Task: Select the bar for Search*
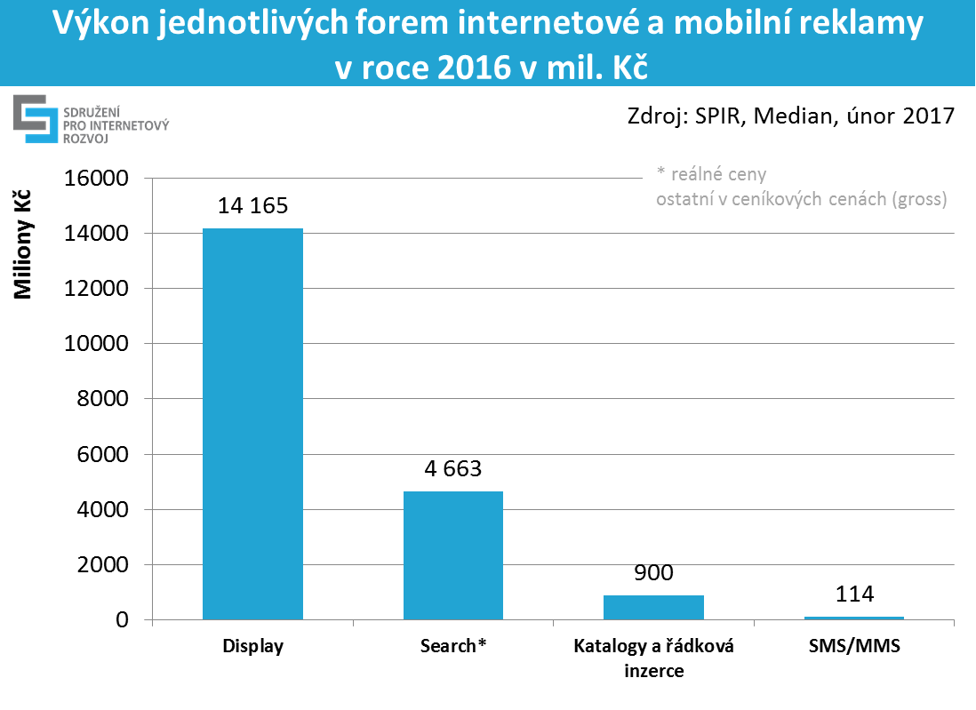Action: pos(453,554)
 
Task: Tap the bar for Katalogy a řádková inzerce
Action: pos(653,607)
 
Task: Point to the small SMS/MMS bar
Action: pos(854,618)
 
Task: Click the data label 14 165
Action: pos(252,206)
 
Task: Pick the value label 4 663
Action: pos(453,468)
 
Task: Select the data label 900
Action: pos(653,572)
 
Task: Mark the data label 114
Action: pos(854,594)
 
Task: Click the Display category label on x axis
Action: pos(252,647)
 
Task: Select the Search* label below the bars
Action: pos(453,647)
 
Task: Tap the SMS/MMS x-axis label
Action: pos(854,647)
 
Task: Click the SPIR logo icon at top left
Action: pos(34,119)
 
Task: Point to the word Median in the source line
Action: pos(788,116)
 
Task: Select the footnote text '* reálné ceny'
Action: pos(710,174)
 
